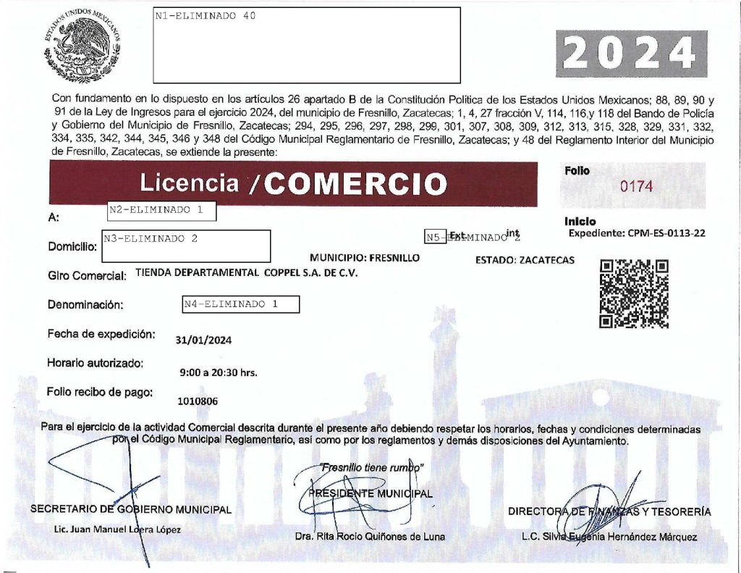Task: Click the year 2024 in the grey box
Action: click(x=631, y=54)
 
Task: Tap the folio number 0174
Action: click(x=637, y=186)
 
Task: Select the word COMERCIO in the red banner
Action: click(x=355, y=184)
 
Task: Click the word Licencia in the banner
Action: click(x=189, y=183)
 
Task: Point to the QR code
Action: click(x=634, y=293)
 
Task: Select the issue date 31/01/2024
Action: click(x=204, y=340)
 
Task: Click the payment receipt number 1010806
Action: click(x=198, y=401)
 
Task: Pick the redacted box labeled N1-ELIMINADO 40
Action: click(x=307, y=45)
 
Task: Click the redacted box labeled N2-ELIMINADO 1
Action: click(x=161, y=211)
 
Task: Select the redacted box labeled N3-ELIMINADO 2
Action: click(x=187, y=246)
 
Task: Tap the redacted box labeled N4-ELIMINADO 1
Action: click(x=241, y=305)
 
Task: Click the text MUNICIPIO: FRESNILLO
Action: click(x=364, y=258)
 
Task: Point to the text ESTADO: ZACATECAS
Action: click(x=525, y=260)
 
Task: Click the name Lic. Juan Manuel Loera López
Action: click(x=117, y=530)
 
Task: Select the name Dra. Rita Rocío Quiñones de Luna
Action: click(x=370, y=537)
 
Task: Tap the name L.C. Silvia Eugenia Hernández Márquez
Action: click(x=609, y=537)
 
